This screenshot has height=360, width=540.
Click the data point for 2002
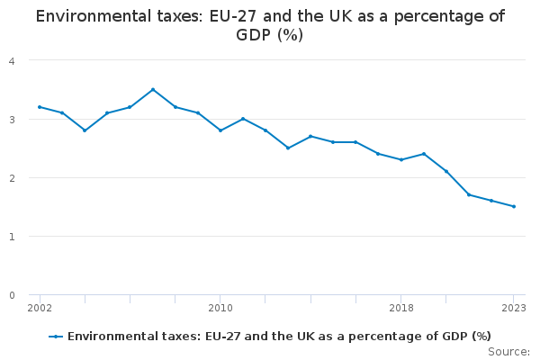[x=40, y=107]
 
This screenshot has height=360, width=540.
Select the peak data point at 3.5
[x=153, y=89]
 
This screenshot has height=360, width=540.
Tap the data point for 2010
[x=220, y=130]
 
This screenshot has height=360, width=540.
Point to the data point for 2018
[x=401, y=159]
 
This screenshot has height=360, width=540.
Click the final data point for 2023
[x=514, y=206]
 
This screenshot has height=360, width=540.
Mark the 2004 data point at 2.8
[x=85, y=130]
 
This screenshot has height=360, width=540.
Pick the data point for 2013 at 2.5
[x=288, y=148]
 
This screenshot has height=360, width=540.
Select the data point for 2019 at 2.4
[x=424, y=154]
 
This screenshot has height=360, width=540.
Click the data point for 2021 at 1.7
[x=469, y=194]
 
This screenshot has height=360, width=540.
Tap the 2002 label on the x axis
[x=40, y=308]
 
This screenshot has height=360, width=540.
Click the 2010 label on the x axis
[x=220, y=308]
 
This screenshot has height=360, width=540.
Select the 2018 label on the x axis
[x=401, y=308]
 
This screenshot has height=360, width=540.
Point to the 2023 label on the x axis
[x=514, y=308]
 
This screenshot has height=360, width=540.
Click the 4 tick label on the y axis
[x=12, y=60]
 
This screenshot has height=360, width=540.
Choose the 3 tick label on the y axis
[x=12, y=119]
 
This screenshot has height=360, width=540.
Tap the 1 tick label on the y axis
[x=12, y=236]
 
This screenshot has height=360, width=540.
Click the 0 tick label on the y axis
[x=12, y=295]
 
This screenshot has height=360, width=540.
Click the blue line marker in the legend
[x=56, y=337]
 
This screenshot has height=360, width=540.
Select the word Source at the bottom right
[x=508, y=351]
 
